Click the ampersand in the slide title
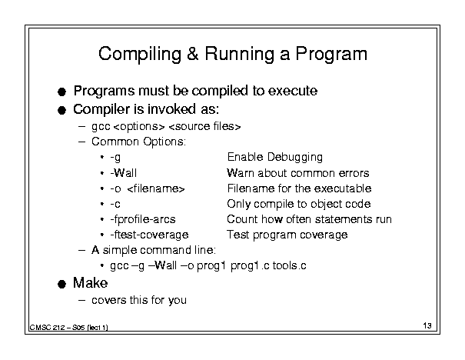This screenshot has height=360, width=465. click(x=193, y=54)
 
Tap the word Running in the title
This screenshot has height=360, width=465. click(x=239, y=55)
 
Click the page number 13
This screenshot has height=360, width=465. click(x=427, y=325)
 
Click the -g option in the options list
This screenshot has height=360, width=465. click(x=115, y=157)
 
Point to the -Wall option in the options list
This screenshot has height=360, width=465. click(x=124, y=173)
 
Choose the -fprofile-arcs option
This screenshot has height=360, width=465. click(x=143, y=219)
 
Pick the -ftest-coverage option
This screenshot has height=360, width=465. click(x=149, y=235)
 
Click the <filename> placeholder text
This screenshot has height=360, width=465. click(x=156, y=188)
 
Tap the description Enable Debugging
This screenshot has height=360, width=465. click(x=275, y=157)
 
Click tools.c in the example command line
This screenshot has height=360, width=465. click(x=289, y=265)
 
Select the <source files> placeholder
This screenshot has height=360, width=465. click(x=204, y=126)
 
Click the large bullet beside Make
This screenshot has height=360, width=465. click(x=61, y=284)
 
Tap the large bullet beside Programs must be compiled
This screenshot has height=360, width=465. click(x=61, y=92)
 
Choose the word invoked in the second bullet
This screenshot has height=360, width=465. click(x=171, y=109)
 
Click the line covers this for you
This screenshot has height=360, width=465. click(x=139, y=300)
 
